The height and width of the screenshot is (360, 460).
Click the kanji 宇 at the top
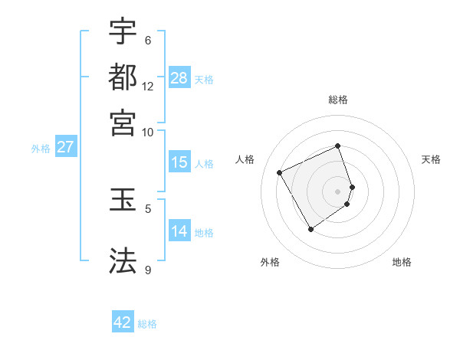[123, 31]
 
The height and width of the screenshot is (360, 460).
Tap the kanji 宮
[123, 122]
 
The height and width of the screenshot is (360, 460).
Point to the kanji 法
[123, 260]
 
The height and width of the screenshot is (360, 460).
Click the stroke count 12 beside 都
[148, 87]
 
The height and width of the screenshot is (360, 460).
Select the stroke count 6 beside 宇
[148, 41]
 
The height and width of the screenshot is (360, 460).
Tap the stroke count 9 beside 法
[148, 270]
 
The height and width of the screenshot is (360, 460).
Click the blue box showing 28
[179, 77]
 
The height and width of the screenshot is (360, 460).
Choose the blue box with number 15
[179, 162]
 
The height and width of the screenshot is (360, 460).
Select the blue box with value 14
[179, 231]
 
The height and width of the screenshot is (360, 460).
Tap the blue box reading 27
[65, 147]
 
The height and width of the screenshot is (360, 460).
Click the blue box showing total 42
[123, 322]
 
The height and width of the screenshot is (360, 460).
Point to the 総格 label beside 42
[147, 324]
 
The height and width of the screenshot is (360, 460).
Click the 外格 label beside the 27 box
[41, 149]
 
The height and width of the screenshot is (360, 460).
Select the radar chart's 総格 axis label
[338, 100]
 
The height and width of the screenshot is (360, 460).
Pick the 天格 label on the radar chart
[431, 159]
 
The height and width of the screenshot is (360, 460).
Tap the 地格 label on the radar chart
[402, 262]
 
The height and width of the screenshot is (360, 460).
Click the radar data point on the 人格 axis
[280, 172]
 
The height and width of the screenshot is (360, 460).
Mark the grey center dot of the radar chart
[338, 191]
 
